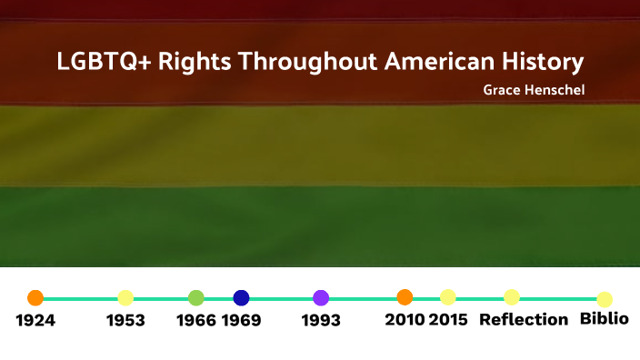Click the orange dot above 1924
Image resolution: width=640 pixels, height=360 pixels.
(35, 297)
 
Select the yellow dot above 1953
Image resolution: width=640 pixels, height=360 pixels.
(125, 297)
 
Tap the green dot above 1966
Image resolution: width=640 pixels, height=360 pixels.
(195, 297)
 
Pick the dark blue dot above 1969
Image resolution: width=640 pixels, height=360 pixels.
(241, 297)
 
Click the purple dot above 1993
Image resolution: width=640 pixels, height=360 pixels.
(321, 297)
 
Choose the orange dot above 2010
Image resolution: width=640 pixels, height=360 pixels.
(405, 296)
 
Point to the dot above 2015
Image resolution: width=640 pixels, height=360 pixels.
(447, 297)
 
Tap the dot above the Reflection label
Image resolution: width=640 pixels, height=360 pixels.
(512, 297)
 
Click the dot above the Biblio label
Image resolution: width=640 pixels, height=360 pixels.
(605, 299)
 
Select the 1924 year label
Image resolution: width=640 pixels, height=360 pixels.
(35, 320)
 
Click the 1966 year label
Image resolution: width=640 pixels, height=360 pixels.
(196, 320)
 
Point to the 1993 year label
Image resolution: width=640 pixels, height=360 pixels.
(321, 320)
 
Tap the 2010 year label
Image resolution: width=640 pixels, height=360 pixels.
(405, 319)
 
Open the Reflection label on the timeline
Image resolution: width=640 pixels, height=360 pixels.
(524, 319)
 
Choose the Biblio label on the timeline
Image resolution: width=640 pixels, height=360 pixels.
(605, 319)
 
